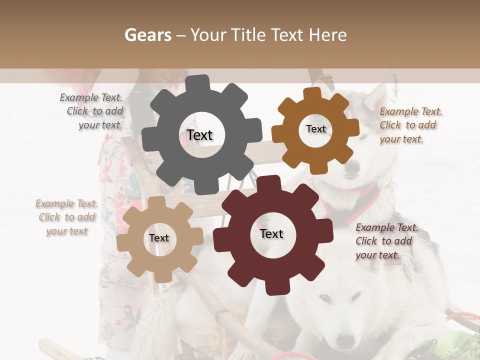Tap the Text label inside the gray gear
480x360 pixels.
[199, 135]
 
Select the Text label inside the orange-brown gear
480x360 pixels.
[315, 129]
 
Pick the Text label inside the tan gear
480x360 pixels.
[159, 238]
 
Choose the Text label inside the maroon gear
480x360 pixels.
[271, 234]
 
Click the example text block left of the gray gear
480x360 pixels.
[92, 111]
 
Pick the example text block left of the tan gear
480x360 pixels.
[67, 217]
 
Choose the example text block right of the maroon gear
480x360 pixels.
[385, 241]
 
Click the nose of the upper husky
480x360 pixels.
[352, 170]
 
